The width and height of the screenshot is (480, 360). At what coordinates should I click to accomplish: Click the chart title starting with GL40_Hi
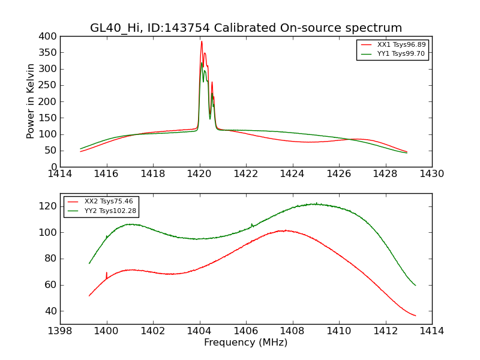[x=246, y=28]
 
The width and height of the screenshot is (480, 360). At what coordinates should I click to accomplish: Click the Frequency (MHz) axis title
[x=245, y=343]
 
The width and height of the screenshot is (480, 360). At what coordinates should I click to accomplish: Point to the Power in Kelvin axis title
[x=31, y=101]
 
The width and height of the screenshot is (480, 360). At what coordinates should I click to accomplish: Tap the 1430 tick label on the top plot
[x=431, y=174]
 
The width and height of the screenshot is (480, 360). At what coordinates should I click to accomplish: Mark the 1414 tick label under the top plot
[x=60, y=174]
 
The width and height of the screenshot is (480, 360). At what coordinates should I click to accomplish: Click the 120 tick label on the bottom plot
[x=48, y=206]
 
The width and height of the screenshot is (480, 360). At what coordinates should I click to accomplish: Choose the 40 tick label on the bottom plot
[x=50, y=311]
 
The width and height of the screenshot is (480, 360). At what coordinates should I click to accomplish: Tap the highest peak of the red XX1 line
[x=202, y=41]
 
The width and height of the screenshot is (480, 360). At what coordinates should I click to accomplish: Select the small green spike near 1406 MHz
[x=251, y=224]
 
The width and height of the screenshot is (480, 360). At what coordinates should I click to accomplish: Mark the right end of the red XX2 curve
[x=415, y=316]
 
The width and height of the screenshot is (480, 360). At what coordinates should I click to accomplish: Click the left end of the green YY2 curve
[x=89, y=263]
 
